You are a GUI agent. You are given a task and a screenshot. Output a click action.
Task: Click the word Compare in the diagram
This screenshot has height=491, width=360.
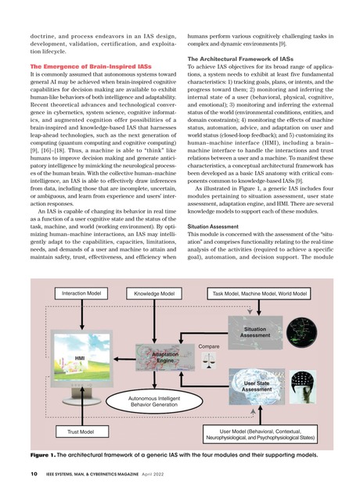208,345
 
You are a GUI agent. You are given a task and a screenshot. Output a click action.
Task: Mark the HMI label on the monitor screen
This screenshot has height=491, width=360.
79,358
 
